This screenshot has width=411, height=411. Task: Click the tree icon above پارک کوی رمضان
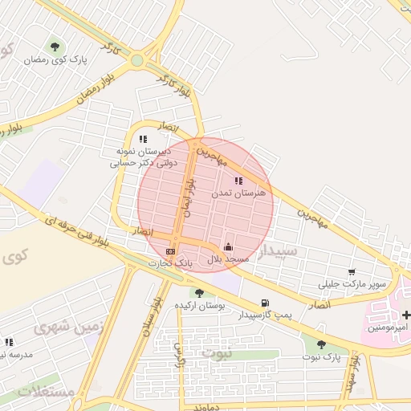point(55,47)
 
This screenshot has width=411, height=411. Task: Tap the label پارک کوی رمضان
point(55,60)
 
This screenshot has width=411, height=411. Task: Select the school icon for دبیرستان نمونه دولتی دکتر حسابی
point(143,140)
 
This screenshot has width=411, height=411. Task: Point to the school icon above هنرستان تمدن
point(238,181)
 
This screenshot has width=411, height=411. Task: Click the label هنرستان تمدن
point(238,193)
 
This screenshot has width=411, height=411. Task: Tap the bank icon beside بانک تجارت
point(169,251)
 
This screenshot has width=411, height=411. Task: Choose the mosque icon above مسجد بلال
point(229,246)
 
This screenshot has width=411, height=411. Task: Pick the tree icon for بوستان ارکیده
point(198,293)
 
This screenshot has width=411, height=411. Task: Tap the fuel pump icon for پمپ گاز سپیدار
point(265,303)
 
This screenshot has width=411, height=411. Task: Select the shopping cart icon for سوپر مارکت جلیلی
point(352,272)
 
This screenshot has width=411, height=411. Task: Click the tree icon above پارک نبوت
point(321,344)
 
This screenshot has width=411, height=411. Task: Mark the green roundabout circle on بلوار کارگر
point(138,59)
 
